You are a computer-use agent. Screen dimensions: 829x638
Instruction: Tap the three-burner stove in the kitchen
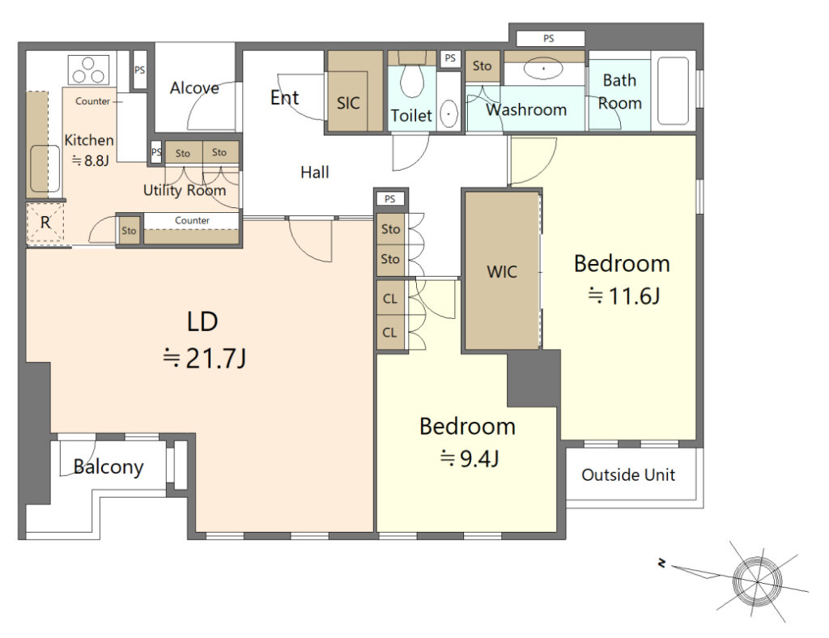point(88,70)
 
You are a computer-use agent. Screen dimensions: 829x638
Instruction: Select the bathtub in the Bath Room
point(673,91)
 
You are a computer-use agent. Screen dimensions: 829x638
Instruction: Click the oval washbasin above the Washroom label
point(543,69)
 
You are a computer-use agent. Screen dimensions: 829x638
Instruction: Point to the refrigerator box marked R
point(45,223)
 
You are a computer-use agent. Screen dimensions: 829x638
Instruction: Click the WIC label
point(502,272)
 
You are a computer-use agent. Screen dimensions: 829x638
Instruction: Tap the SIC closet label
point(348,103)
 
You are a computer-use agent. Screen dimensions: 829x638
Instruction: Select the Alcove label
point(194,87)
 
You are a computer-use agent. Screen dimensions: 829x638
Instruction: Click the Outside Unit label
point(628,474)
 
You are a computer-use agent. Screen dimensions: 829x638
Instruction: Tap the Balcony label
point(108,466)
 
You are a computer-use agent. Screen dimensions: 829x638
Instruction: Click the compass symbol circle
point(758,581)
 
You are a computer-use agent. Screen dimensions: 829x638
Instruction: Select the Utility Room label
point(185,189)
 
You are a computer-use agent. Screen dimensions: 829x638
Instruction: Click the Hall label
point(315,172)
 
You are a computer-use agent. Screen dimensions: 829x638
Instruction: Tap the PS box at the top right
point(550,38)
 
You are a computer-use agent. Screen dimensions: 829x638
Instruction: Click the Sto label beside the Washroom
point(482,66)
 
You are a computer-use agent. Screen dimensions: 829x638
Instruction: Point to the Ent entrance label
point(284,97)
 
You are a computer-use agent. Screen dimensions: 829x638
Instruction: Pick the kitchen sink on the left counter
point(45,168)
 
